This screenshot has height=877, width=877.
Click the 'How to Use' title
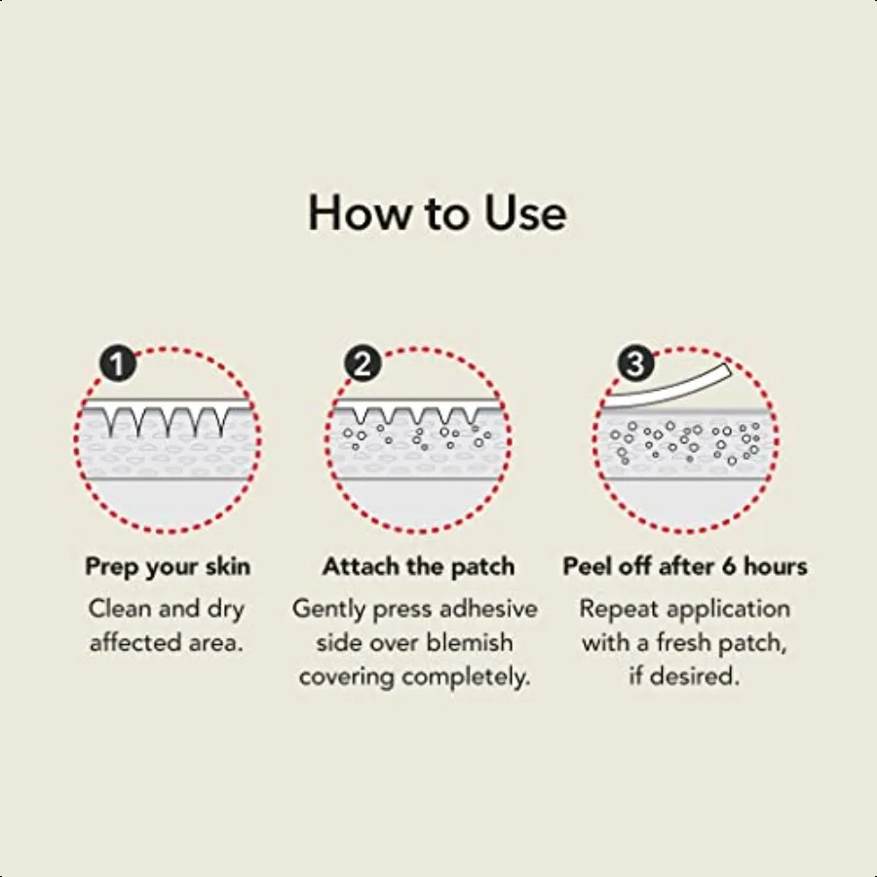point(438,213)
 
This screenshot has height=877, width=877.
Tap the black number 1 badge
point(118,365)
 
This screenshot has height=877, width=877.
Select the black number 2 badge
point(362,365)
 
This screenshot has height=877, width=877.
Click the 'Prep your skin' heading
point(168,566)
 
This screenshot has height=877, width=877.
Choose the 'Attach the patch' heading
point(419,566)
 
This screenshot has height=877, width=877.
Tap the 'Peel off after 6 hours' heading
point(685,566)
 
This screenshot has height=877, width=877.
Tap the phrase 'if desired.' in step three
point(684,677)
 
